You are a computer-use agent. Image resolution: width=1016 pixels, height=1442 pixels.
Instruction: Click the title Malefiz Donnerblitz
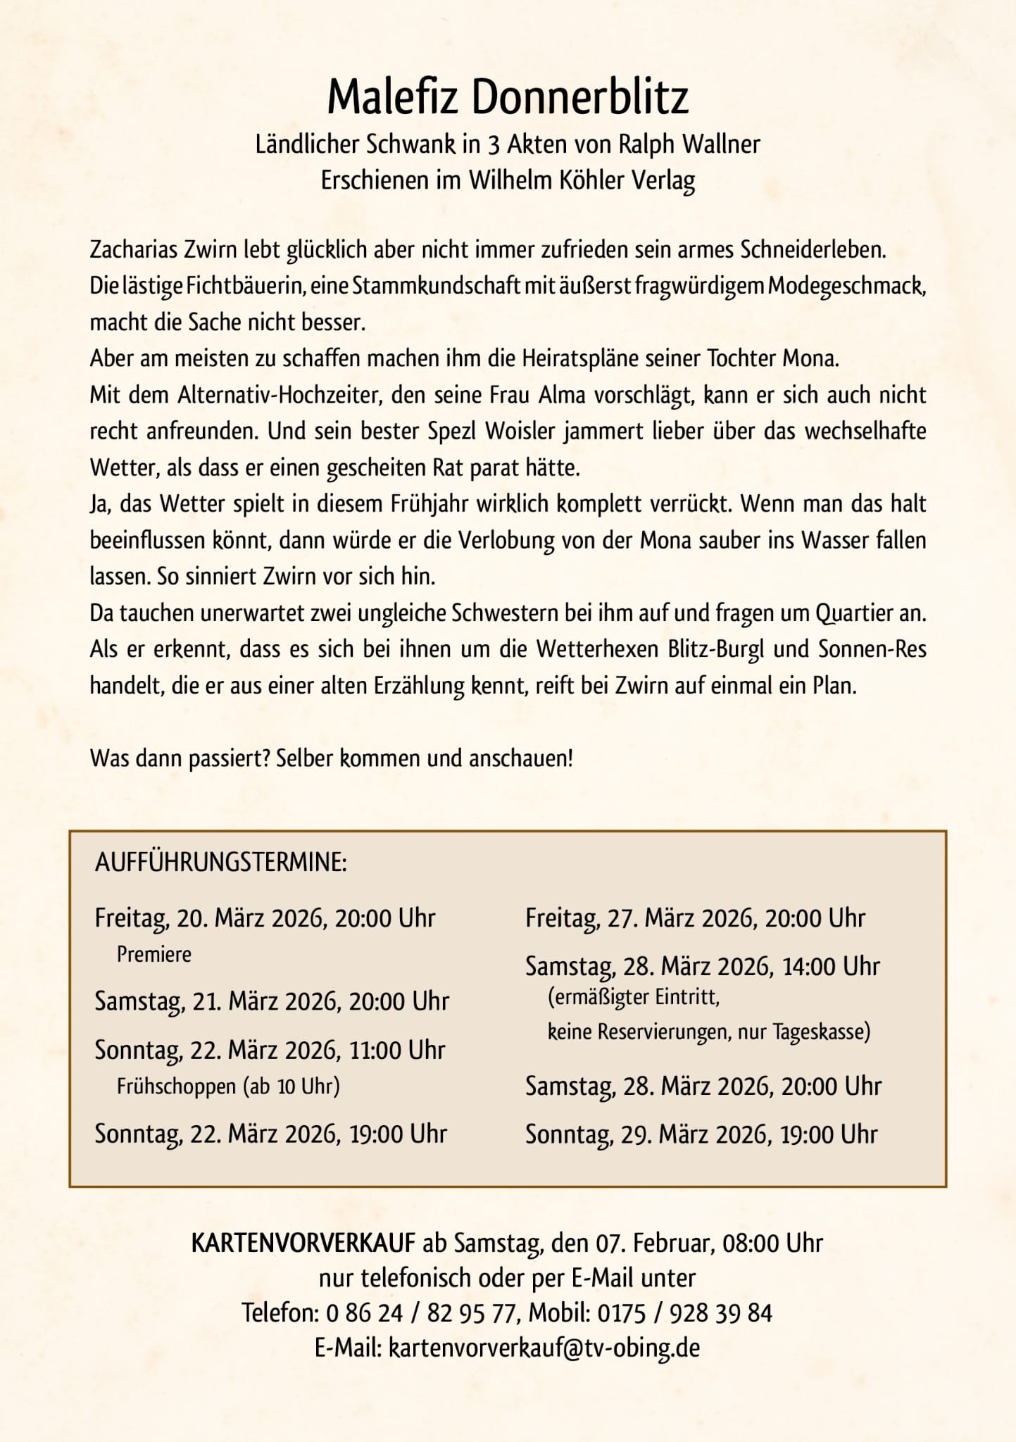pos(508,97)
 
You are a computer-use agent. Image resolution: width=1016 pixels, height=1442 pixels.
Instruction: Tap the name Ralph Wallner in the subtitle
pos(689,144)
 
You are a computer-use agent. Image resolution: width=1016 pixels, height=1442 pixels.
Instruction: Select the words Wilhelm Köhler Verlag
pos(582,180)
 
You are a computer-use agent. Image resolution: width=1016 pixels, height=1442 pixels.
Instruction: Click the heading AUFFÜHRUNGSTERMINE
pos(220,863)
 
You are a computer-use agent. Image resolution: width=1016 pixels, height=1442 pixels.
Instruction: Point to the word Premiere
pos(153,955)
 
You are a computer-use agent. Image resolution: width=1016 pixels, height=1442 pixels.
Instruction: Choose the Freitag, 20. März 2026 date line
pos(265,918)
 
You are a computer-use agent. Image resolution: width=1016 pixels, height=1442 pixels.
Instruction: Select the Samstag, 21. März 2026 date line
pos(272,1001)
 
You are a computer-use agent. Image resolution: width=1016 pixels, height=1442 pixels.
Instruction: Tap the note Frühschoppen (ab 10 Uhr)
pos(228,1086)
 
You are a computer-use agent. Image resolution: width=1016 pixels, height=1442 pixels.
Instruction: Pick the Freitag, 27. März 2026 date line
pos(695,918)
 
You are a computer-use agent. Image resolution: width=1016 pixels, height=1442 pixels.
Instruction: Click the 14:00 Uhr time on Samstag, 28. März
pos(831,967)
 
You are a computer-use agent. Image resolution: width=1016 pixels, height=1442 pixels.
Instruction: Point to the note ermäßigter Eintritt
pos(634,998)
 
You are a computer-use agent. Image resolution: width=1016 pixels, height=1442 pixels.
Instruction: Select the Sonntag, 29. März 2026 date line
pos(701,1134)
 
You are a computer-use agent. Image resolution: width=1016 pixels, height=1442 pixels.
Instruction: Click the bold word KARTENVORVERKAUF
pos(303,1243)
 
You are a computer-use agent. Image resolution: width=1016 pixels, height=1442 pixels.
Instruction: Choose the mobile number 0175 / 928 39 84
pos(684,1313)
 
